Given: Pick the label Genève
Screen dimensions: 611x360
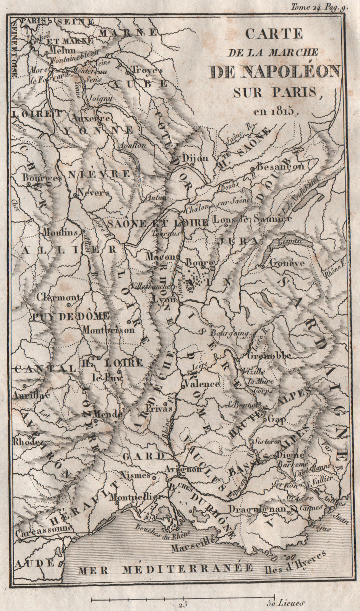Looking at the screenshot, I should coord(287,263).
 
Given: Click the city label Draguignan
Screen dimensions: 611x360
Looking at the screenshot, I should coord(257,509).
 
